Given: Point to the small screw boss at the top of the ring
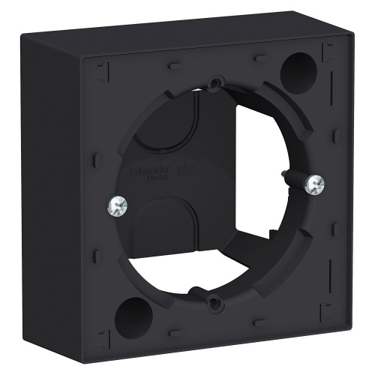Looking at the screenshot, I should [x=217, y=84].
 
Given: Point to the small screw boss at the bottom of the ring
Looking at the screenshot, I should [x=214, y=301].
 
